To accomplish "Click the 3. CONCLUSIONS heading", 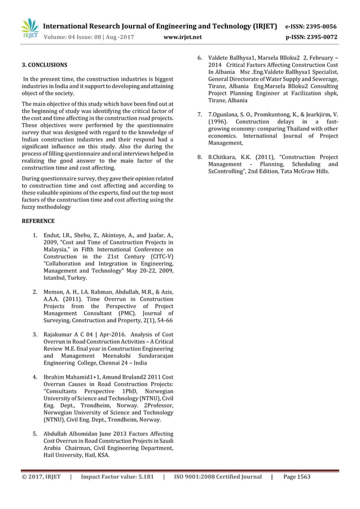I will click(x=44, y=65).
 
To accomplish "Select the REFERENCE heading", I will click(x=38, y=221).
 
